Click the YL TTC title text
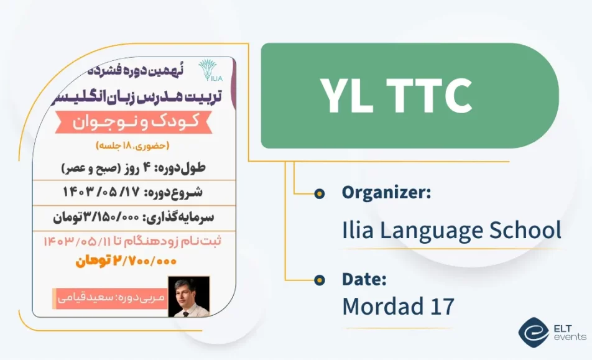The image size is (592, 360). [x=396, y=96]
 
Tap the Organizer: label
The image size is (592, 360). [x=386, y=192]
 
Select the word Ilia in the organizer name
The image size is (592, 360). [x=359, y=229]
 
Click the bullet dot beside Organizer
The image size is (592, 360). [x=319, y=193]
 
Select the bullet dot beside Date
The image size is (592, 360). [x=319, y=280]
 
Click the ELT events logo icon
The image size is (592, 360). [x=532, y=331]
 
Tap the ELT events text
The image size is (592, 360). [x=569, y=331]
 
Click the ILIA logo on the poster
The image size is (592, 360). [x=208, y=70]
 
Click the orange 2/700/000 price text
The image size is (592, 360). [x=127, y=262]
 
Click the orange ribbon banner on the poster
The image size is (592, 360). [x=132, y=122]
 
